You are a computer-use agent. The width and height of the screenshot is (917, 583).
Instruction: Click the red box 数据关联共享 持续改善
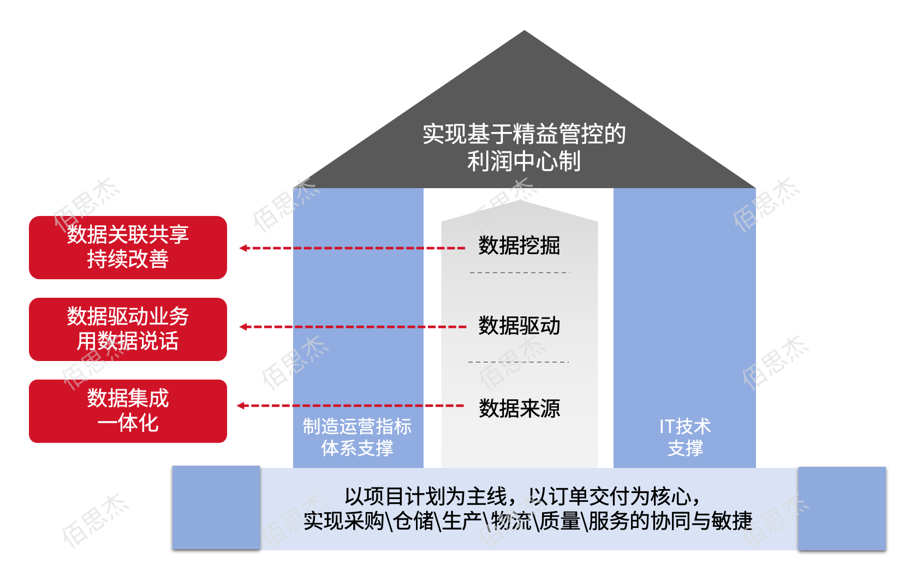[128, 247]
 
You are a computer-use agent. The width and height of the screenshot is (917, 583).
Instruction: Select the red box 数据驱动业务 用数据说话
[128, 329]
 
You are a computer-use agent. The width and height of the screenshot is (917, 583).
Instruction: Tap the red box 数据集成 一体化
[128, 411]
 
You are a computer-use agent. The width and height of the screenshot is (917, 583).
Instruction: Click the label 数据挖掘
[519, 246]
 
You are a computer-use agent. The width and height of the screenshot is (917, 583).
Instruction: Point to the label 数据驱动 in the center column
[519, 326]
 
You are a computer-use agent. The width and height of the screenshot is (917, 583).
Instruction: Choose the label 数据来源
[519, 408]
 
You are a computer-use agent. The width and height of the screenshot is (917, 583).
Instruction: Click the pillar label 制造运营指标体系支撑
[358, 437]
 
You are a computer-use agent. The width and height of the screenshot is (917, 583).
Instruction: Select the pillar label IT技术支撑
[685, 437]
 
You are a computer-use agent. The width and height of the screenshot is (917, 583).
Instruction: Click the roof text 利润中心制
[523, 161]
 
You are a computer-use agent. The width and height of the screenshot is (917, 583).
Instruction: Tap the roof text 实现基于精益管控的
[523, 134]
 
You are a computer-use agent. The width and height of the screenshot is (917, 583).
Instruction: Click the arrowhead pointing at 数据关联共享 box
[243, 248]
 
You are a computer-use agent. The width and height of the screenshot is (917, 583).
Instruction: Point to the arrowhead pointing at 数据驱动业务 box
[243, 327]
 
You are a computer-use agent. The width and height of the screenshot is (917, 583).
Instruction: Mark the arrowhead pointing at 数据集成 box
[241, 405]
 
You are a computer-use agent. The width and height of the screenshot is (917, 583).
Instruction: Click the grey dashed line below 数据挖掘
[519, 272]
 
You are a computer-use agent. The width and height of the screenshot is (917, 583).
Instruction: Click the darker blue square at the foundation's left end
[216, 507]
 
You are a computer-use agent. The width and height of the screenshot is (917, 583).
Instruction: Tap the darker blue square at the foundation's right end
[842, 508]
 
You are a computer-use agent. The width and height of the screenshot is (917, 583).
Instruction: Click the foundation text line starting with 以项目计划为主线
[522, 496]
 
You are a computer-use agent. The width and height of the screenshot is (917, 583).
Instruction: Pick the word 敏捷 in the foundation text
[732, 521]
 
